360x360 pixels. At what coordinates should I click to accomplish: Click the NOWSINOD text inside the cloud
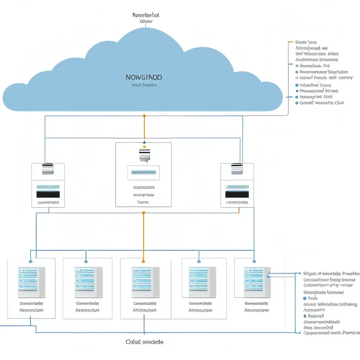(144, 77)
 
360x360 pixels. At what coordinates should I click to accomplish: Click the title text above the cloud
(146, 15)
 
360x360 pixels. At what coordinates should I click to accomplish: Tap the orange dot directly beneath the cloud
(144, 115)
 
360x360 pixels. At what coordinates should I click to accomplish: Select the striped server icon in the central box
(144, 155)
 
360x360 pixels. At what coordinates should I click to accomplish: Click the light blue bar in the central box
(143, 172)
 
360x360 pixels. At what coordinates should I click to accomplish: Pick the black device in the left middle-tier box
(48, 194)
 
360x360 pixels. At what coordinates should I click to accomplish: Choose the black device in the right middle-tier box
(237, 194)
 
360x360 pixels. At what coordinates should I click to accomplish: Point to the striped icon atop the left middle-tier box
(48, 168)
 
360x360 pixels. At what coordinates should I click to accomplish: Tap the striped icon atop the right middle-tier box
(237, 168)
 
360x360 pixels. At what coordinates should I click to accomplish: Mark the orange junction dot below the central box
(143, 213)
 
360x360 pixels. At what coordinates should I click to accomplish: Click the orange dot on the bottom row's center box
(143, 262)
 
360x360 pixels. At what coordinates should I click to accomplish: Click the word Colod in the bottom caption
(133, 342)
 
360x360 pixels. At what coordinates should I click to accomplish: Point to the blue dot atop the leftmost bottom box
(31, 262)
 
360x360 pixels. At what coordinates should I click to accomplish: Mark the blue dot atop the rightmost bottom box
(254, 262)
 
